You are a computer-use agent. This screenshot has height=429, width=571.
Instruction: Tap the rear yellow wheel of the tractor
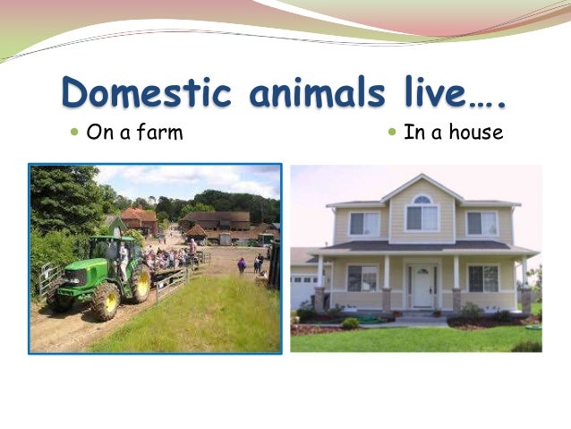click(x=141, y=284)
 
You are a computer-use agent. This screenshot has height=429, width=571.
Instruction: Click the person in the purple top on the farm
click(x=242, y=265)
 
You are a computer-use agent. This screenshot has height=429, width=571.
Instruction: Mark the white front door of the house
click(x=422, y=287)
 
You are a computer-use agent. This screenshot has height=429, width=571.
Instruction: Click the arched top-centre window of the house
click(x=421, y=214)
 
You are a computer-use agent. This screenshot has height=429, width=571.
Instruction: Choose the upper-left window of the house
click(x=362, y=223)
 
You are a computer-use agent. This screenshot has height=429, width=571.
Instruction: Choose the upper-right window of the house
click(x=481, y=223)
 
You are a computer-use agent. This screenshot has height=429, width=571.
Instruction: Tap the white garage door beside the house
click(x=303, y=291)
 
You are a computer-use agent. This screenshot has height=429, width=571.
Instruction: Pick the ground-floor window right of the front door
click(x=483, y=279)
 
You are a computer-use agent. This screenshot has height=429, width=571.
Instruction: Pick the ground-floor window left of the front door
click(x=362, y=279)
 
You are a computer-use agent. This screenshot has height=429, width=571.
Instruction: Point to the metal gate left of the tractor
click(x=50, y=280)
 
